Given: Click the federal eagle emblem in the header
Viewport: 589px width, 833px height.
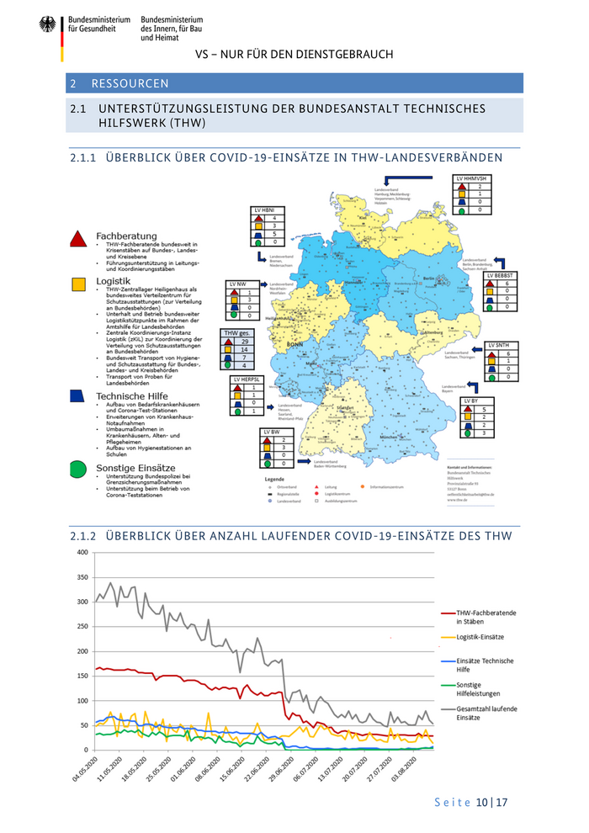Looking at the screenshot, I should pos(47,26).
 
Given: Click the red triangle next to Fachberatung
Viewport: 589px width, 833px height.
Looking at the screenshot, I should pos(77,238).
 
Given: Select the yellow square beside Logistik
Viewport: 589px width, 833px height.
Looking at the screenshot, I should pos(77,284).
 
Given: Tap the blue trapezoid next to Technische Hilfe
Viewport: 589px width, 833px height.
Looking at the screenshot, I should pos(77,395).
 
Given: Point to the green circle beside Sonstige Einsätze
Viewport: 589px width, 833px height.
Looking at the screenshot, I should pos(77,468).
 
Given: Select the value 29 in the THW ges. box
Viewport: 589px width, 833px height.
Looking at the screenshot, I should pos(244,342).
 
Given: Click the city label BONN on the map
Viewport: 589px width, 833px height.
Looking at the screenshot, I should pos(294,345).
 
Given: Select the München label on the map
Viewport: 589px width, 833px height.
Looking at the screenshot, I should pos(388,438).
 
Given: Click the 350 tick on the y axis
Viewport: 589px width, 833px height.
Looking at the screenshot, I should pos(82,577).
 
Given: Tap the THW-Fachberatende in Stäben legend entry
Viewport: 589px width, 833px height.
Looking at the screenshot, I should pos(486,617).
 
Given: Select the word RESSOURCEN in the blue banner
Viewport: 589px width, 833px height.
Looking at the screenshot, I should pos(130,83).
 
